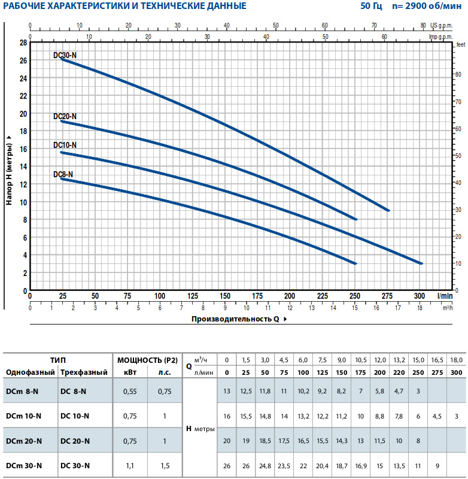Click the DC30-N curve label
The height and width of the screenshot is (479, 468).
[65, 55]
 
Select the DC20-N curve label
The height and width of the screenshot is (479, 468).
[65, 116]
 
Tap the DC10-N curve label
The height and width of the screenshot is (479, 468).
[65, 145]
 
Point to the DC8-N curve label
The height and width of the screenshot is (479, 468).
[63, 174]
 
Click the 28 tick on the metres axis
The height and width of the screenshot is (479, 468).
[23, 43]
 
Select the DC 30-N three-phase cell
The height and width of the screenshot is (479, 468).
[75, 465]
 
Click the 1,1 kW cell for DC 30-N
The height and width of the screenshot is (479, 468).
[130, 465]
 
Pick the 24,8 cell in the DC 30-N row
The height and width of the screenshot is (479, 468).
[265, 465]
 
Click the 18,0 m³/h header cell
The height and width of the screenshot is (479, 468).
[456, 360]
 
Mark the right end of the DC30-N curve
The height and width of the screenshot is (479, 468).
[388, 211]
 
